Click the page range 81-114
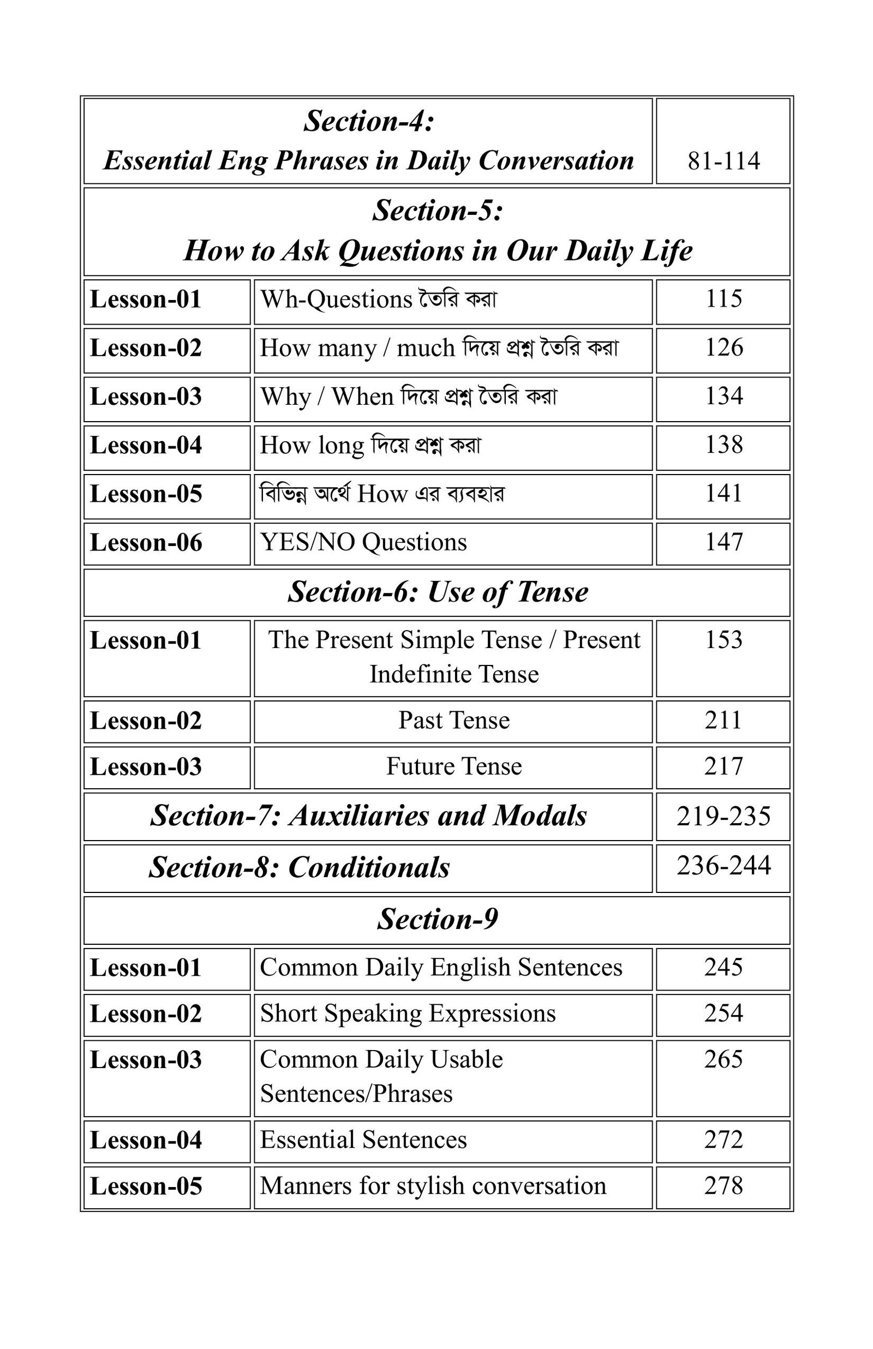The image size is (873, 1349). click(723, 161)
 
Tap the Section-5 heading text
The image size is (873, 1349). click(438, 230)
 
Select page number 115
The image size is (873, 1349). click(723, 298)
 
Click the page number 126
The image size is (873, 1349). click(723, 347)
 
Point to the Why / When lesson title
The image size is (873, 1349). click(408, 396)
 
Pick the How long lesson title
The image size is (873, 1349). click(370, 445)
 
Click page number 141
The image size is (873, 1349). click(723, 494)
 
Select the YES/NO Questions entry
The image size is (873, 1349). click(363, 542)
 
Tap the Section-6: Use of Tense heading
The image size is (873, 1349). click(438, 592)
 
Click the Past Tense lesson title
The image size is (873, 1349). click(453, 720)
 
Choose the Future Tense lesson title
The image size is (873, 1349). click(453, 766)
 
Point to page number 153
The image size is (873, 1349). click(723, 640)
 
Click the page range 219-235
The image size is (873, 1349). click(723, 816)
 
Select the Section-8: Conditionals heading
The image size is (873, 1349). click(300, 867)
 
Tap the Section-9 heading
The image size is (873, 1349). click(438, 919)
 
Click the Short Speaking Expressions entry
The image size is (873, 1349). click(408, 1013)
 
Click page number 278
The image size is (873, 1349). click(723, 1186)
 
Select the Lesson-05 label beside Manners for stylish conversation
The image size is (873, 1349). click(146, 1186)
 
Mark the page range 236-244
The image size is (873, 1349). click(723, 866)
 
